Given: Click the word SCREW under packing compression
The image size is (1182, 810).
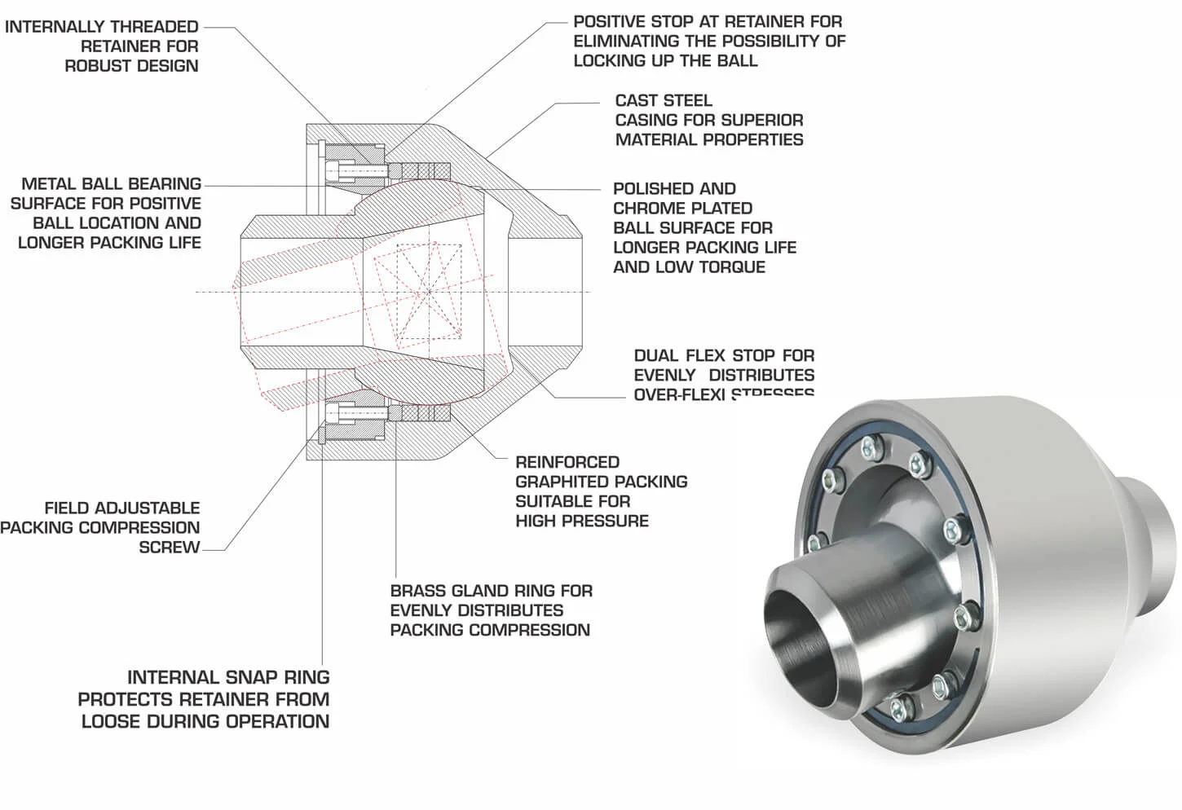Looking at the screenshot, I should pyautogui.click(x=169, y=548).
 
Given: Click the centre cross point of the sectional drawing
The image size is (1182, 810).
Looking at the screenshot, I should pyautogui.click(x=428, y=291).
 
